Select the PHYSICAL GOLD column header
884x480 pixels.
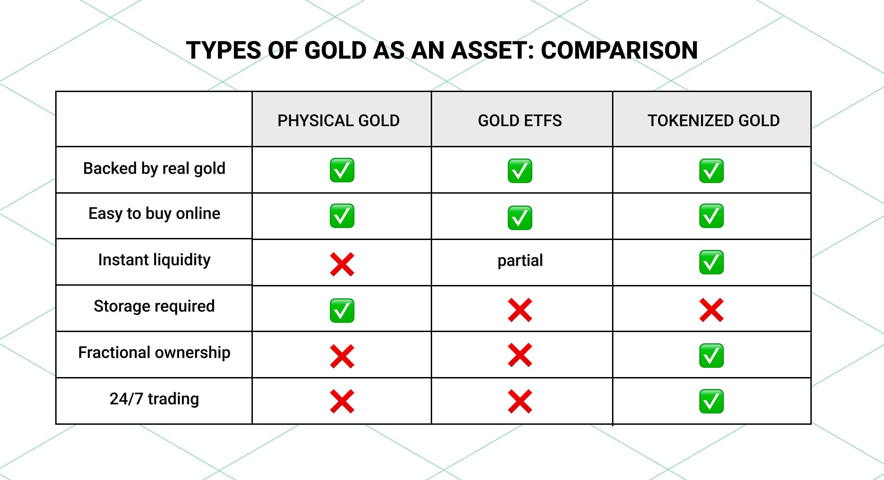coord(338,121)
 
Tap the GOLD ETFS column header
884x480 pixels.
coord(520,121)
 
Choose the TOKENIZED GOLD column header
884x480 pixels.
coord(713,121)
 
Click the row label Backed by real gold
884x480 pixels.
coord(154,169)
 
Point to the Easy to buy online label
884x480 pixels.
coord(154,213)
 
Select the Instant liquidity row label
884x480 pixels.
coord(154,260)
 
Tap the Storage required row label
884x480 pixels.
coord(154,306)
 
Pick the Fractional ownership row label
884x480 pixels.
coord(154,352)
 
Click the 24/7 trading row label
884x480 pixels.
coord(154,399)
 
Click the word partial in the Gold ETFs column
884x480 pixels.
coord(520,260)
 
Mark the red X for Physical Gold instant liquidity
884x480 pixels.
coord(342,265)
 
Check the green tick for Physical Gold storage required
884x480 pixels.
coord(342,310)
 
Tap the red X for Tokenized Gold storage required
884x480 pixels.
coord(711,310)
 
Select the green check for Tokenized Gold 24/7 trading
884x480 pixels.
coord(711,401)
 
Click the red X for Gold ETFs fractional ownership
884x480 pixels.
coord(520,355)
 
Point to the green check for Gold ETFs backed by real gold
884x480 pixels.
coord(520,171)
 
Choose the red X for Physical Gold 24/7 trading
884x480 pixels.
coord(342,401)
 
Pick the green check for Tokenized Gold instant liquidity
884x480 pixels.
coord(711,262)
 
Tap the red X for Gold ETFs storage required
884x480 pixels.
coord(520,310)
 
